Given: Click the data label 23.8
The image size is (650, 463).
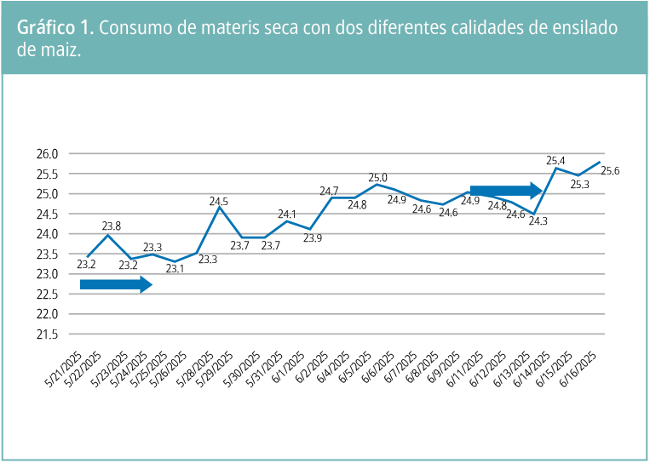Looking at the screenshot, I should (112, 226).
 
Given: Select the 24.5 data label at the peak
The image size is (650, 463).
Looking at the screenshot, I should (219, 202).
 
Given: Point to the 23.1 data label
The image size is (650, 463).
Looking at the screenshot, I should (175, 269).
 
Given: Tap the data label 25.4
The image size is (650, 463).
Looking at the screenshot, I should (555, 160).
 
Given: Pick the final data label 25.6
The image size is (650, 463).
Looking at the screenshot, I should (610, 171).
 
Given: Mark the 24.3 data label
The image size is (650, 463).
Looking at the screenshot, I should (538, 221).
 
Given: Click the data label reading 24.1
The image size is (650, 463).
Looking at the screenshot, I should (287, 214).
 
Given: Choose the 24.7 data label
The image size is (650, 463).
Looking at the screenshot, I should (330, 191).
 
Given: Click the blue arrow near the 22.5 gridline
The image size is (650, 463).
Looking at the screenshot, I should (116, 285).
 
